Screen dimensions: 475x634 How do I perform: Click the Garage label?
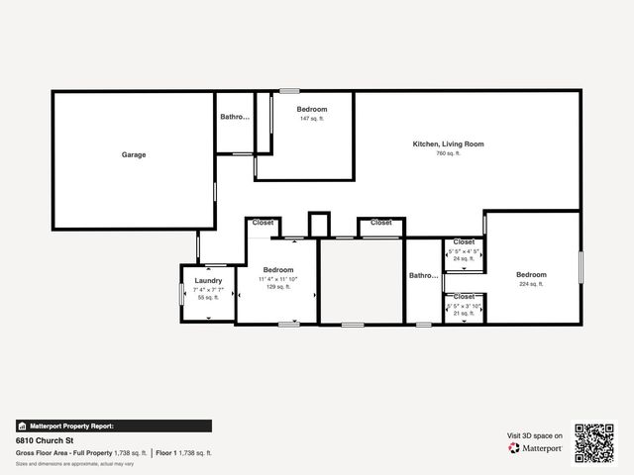point(134,155)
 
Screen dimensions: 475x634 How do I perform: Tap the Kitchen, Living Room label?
point(448,144)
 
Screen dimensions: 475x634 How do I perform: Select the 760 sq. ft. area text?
point(448,153)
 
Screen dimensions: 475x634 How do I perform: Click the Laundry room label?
point(208,280)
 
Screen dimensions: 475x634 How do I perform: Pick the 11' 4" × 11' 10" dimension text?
point(278,279)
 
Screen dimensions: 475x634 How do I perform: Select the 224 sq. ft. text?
point(531,284)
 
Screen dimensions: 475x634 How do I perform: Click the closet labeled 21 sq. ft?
point(464,314)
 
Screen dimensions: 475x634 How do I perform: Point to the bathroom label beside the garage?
point(235,117)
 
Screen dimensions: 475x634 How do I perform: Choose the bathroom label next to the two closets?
point(424,276)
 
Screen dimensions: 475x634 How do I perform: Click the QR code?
point(594,443)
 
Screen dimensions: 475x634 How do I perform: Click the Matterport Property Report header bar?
point(113,426)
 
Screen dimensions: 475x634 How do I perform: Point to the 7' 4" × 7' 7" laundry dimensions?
point(208,289)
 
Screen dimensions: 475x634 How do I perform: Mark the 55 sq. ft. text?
point(208,297)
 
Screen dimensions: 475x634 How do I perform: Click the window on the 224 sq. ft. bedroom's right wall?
point(581,267)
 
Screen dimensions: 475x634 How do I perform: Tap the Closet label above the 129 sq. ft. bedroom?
point(263,223)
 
